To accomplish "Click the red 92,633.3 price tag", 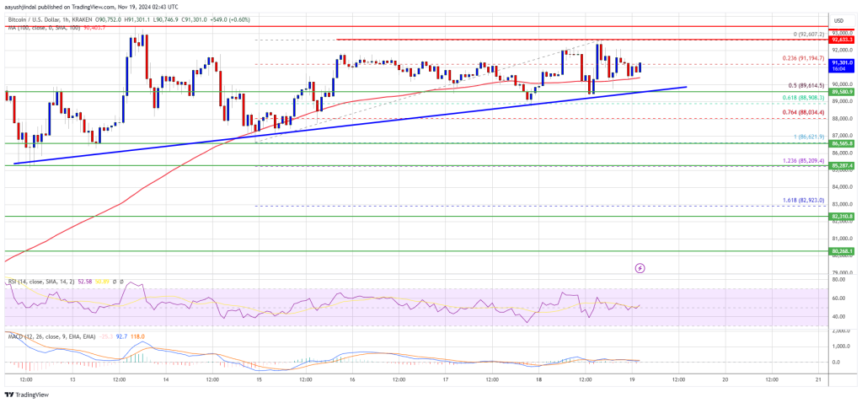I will point(841,39).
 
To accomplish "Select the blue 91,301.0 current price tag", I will point(841,62).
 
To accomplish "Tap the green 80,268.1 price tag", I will point(841,251).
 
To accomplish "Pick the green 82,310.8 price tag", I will point(841,217).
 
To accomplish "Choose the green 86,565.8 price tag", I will point(841,143).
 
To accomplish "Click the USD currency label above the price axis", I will point(838,20).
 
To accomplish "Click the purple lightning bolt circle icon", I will point(640,268).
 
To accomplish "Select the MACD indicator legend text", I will point(42,336).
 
